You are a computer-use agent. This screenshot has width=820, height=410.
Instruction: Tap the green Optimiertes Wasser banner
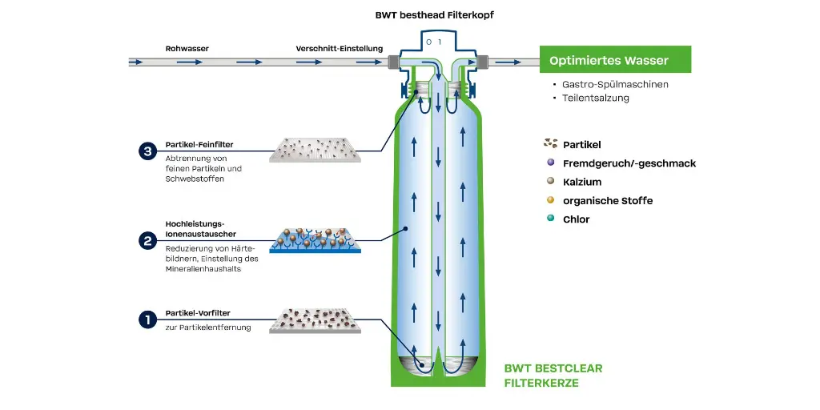tap(615, 60)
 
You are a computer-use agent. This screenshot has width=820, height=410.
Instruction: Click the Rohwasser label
tap(187, 49)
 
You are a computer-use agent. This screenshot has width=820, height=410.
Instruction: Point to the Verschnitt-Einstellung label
tap(339, 49)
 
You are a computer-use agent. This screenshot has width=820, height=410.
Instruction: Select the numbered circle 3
tap(147, 151)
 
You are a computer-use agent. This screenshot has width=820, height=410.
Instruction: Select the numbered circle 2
tap(147, 239)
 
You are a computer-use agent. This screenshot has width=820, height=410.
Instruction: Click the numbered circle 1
tap(147, 320)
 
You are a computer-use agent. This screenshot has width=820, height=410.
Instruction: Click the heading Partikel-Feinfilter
tap(199, 146)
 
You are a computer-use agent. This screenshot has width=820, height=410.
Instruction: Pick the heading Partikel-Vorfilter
tap(198, 315)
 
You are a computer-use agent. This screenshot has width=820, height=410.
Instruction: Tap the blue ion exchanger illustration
tap(316, 239)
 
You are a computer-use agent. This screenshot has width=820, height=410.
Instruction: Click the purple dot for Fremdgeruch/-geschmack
tap(550, 163)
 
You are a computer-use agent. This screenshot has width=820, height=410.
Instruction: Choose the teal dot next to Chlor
tap(550, 219)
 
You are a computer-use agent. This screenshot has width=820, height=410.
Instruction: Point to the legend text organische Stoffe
tap(608, 200)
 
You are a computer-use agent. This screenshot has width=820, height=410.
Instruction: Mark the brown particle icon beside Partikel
tap(550, 144)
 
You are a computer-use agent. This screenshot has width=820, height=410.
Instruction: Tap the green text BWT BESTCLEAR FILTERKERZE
tap(553, 376)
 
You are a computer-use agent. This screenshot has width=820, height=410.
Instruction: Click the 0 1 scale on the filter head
tap(433, 41)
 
